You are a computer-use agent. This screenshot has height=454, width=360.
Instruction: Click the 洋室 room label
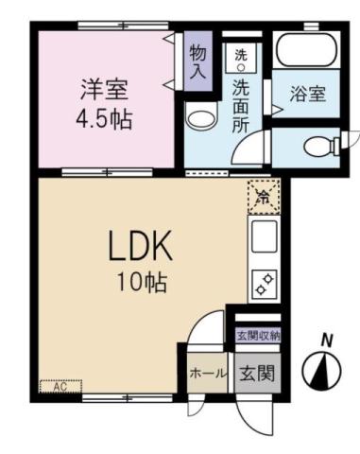pyautogui.click(x=104, y=93)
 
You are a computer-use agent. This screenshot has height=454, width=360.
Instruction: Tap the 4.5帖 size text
pyautogui.click(x=104, y=120)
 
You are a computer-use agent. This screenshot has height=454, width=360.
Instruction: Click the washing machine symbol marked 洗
pyautogui.click(x=240, y=59)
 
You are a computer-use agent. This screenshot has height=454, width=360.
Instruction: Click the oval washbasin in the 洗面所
pyautogui.click(x=199, y=119)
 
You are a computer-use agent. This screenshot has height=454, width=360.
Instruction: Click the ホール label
pyautogui.click(x=207, y=373)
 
